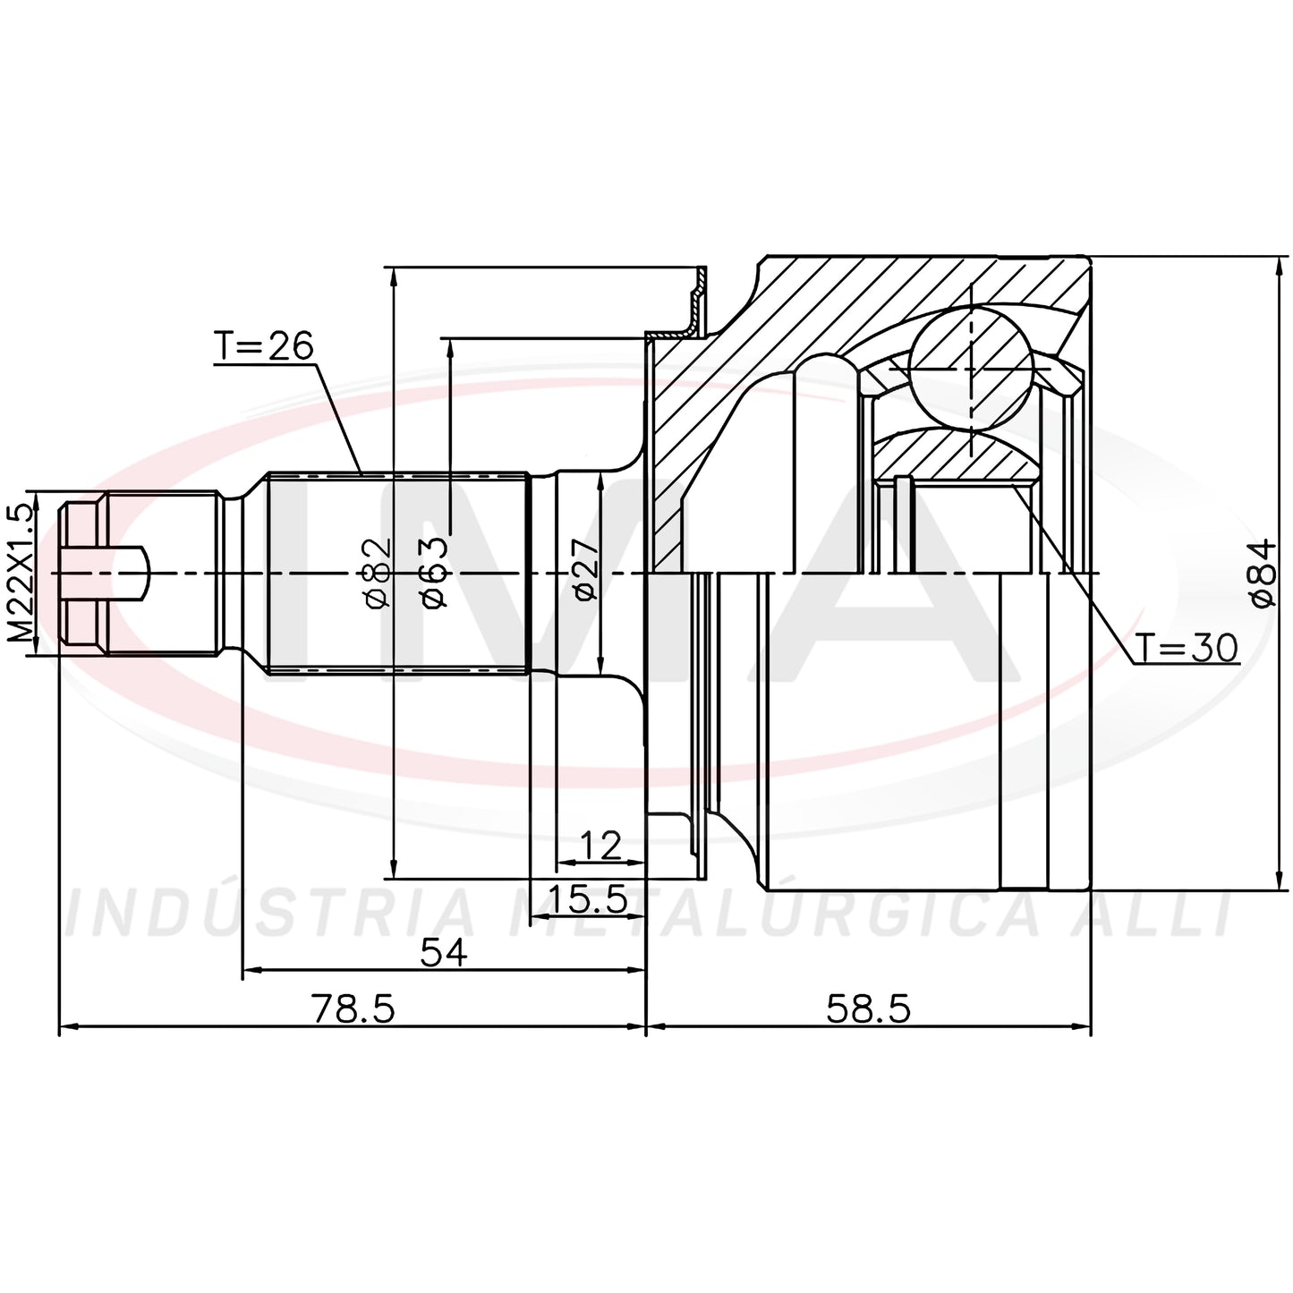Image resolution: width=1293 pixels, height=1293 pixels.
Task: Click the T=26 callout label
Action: click(x=264, y=346)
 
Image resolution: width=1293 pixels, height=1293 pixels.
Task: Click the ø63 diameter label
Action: click(x=433, y=573)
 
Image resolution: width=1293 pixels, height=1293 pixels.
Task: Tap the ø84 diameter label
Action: click(x=1263, y=573)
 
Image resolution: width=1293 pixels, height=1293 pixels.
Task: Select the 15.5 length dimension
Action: click(x=588, y=899)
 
